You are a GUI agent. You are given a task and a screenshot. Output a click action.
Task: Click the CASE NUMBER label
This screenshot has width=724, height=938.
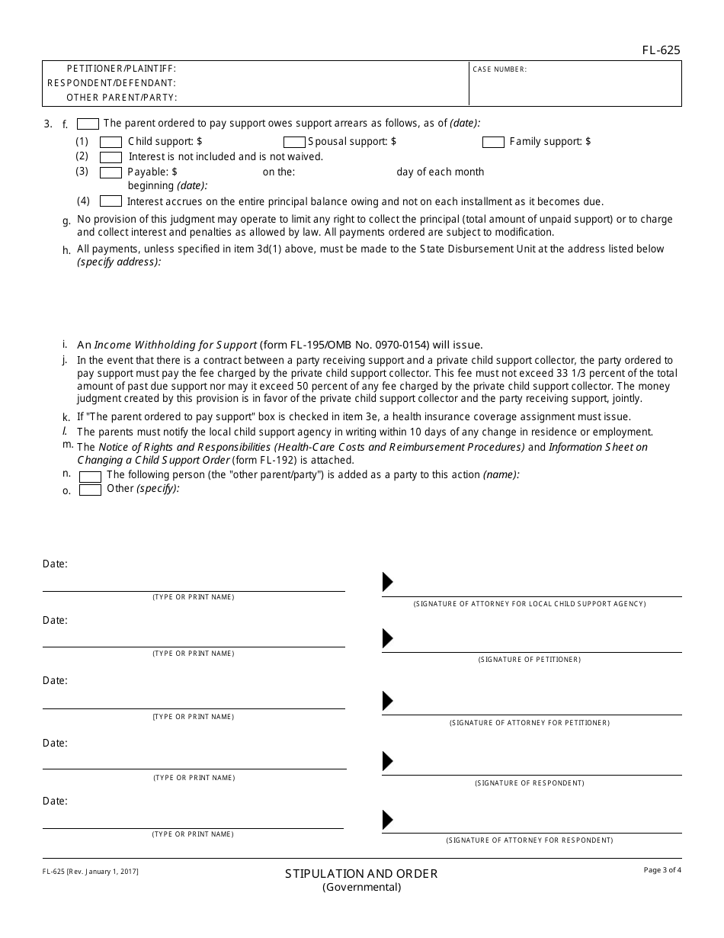click(499, 69)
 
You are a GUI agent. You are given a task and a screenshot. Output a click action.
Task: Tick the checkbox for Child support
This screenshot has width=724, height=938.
click(111, 142)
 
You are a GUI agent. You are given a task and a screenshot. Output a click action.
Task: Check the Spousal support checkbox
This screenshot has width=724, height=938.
click(294, 142)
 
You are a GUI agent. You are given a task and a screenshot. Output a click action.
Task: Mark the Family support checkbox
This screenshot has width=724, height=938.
click(493, 142)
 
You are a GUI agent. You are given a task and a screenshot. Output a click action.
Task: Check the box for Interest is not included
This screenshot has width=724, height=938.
click(111, 157)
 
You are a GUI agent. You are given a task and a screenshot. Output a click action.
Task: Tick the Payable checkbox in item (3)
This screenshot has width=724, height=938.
click(111, 172)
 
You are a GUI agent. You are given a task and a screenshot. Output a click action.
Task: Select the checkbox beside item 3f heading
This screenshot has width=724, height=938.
click(88, 124)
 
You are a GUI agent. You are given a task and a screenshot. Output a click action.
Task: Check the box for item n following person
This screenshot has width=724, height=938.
click(91, 476)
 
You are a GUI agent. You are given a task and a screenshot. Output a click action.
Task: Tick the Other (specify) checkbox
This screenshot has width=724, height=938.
click(91, 490)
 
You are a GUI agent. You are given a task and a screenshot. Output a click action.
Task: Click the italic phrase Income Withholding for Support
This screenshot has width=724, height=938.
click(175, 345)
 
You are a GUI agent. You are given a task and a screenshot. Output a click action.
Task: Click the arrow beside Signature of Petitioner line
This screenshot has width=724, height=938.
click(388, 638)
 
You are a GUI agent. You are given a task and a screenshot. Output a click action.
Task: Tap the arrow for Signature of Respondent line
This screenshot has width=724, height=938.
click(388, 761)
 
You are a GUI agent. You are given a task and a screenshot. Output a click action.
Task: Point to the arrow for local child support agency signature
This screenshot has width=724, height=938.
click(388, 582)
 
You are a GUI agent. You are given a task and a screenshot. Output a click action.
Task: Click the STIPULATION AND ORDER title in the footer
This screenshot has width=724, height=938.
click(361, 874)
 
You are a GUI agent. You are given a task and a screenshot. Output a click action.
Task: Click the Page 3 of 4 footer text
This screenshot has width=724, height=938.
click(662, 870)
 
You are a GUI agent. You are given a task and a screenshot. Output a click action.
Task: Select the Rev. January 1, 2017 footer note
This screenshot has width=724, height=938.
click(91, 871)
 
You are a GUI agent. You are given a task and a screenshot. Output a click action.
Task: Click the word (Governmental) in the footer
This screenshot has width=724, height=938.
click(361, 888)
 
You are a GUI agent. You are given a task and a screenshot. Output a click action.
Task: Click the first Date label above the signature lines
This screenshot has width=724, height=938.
click(55, 564)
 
